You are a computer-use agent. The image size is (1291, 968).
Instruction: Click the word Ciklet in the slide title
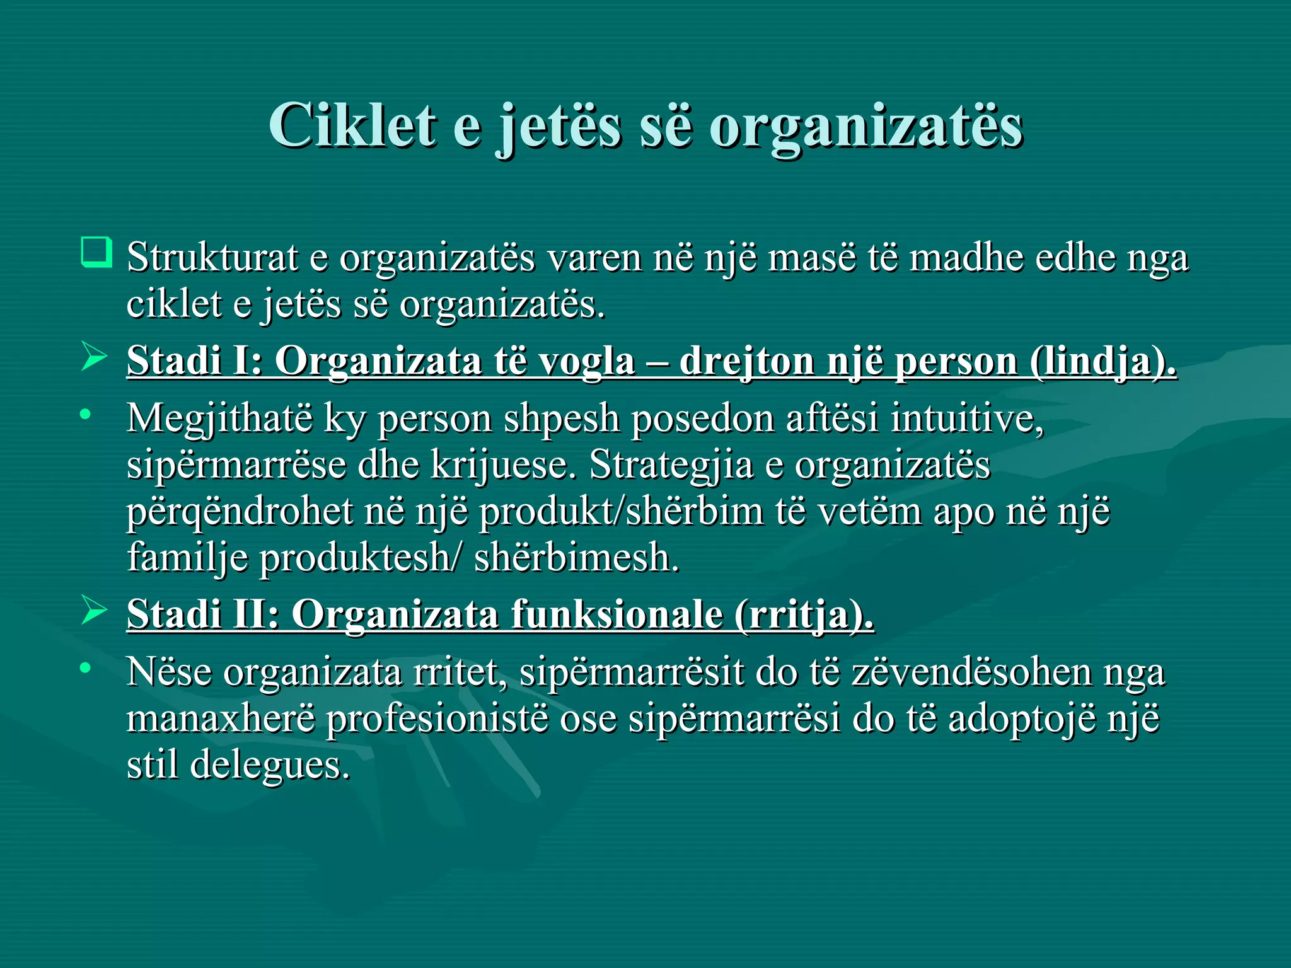point(352,125)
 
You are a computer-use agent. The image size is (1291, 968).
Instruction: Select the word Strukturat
point(212,258)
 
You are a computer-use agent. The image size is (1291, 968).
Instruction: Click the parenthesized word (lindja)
point(1103,362)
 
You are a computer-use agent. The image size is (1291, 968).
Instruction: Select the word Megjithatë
point(219,418)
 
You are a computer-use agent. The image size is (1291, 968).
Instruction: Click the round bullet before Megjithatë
point(86,414)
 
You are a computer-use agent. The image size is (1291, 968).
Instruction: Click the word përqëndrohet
point(240,512)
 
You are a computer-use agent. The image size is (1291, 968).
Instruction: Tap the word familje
point(187,558)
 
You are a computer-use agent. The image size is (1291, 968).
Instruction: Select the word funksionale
point(617,614)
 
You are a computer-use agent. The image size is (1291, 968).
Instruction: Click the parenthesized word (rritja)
point(804,614)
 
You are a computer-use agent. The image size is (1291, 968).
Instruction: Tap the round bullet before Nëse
point(86,667)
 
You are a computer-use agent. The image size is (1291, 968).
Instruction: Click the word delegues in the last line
point(269,765)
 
